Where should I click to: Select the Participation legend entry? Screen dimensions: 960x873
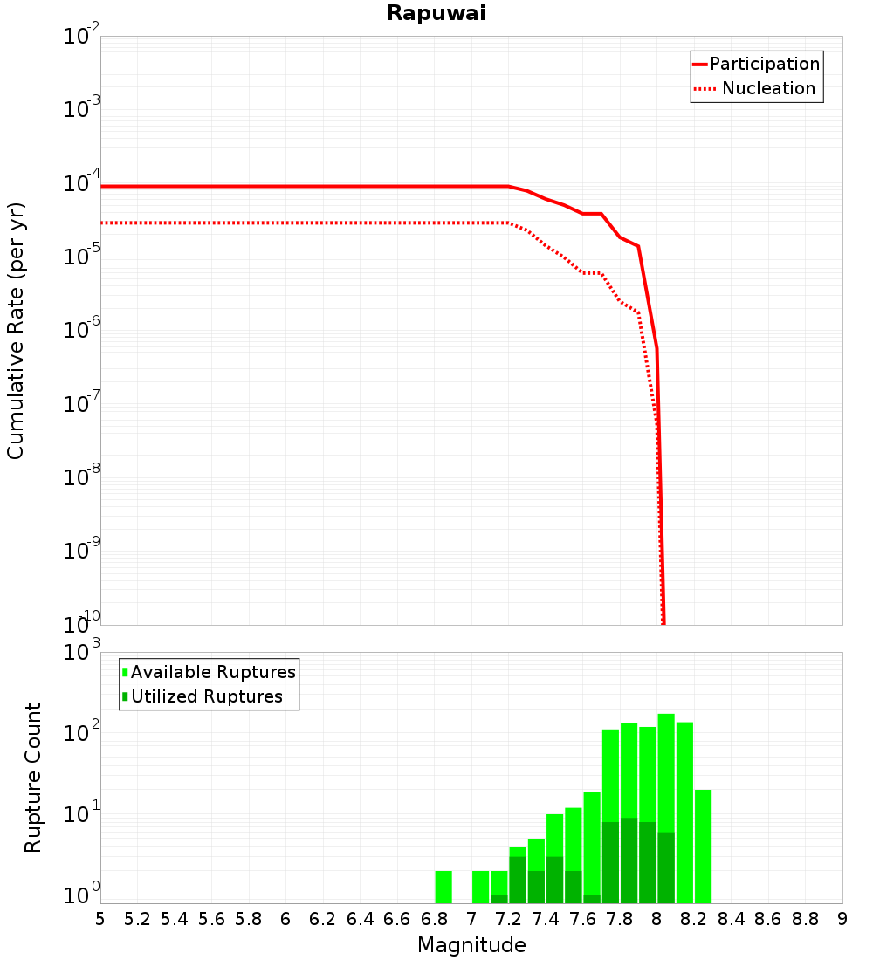764,64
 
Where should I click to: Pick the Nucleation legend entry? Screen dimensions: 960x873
768,88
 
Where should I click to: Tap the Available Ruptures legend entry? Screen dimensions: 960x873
213,672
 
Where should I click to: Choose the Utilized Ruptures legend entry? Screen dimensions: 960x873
206,696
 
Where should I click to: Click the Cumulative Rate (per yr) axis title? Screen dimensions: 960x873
16,330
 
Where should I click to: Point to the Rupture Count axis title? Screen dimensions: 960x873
33,777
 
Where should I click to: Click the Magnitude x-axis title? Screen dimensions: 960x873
471,945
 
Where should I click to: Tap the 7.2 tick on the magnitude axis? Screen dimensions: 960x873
508,919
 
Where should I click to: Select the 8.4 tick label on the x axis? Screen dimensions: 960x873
732,919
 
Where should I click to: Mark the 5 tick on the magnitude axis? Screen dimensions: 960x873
100,919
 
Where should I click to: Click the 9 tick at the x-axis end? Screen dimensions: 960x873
842,919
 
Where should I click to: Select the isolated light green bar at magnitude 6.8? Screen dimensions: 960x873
443,887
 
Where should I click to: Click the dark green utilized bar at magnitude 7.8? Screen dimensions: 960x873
629,860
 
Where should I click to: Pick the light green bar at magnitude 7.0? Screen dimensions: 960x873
480,887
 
